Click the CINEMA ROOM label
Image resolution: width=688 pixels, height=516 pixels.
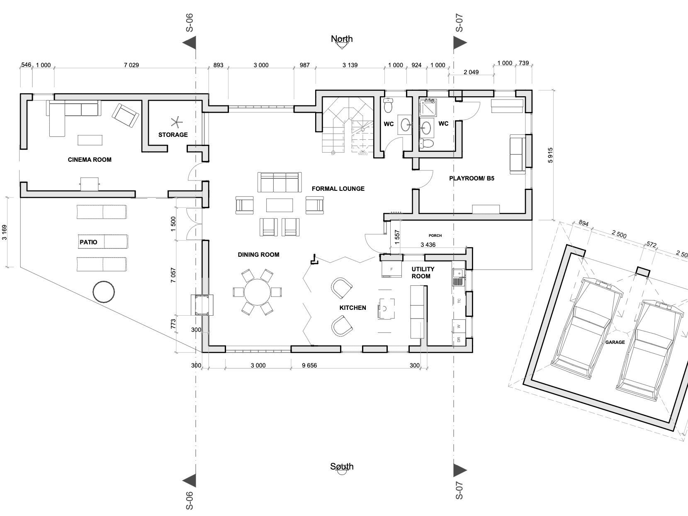(90, 160)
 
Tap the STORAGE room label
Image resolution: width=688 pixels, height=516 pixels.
(173, 135)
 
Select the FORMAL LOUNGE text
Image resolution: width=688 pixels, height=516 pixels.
(338, 189)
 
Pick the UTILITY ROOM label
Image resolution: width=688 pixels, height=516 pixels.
(423, 273)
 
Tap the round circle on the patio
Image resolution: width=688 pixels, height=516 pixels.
(103, 292)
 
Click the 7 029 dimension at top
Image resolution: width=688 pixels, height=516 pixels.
(131, 65)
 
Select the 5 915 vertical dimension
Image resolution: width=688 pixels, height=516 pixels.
(550, 155)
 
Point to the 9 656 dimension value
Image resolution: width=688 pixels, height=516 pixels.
(309, 365)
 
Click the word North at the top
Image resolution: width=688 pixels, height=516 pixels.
(342, 39)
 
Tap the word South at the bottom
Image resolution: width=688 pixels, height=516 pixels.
(342, 467)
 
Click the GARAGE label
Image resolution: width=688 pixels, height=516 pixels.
(615, 342)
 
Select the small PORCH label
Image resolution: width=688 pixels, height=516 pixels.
(435, 236)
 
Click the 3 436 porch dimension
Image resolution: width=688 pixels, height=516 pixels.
(428, 245)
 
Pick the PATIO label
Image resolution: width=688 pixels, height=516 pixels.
(88, 242)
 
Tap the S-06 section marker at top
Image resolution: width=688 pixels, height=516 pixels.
(190, 23)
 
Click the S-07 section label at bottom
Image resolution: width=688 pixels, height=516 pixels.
(459, 490)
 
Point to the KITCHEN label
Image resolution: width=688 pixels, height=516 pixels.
(353, 308)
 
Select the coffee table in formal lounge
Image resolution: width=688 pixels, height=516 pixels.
(280, 205)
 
